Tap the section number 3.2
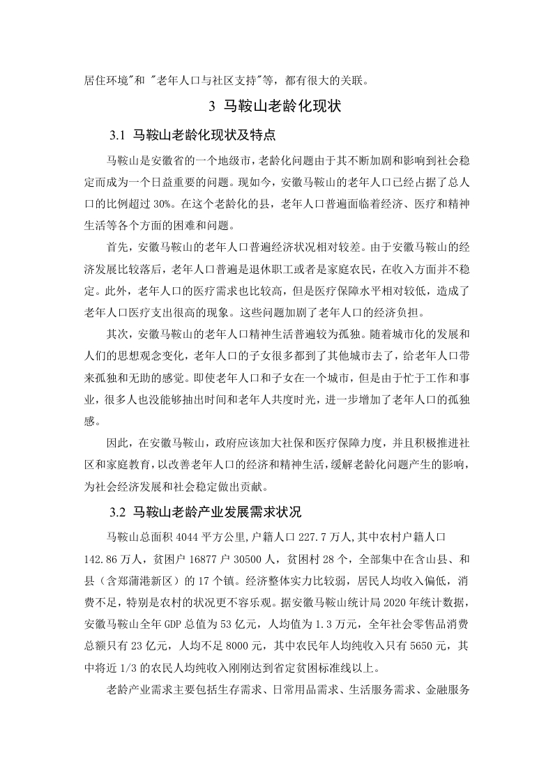[116, 512]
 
